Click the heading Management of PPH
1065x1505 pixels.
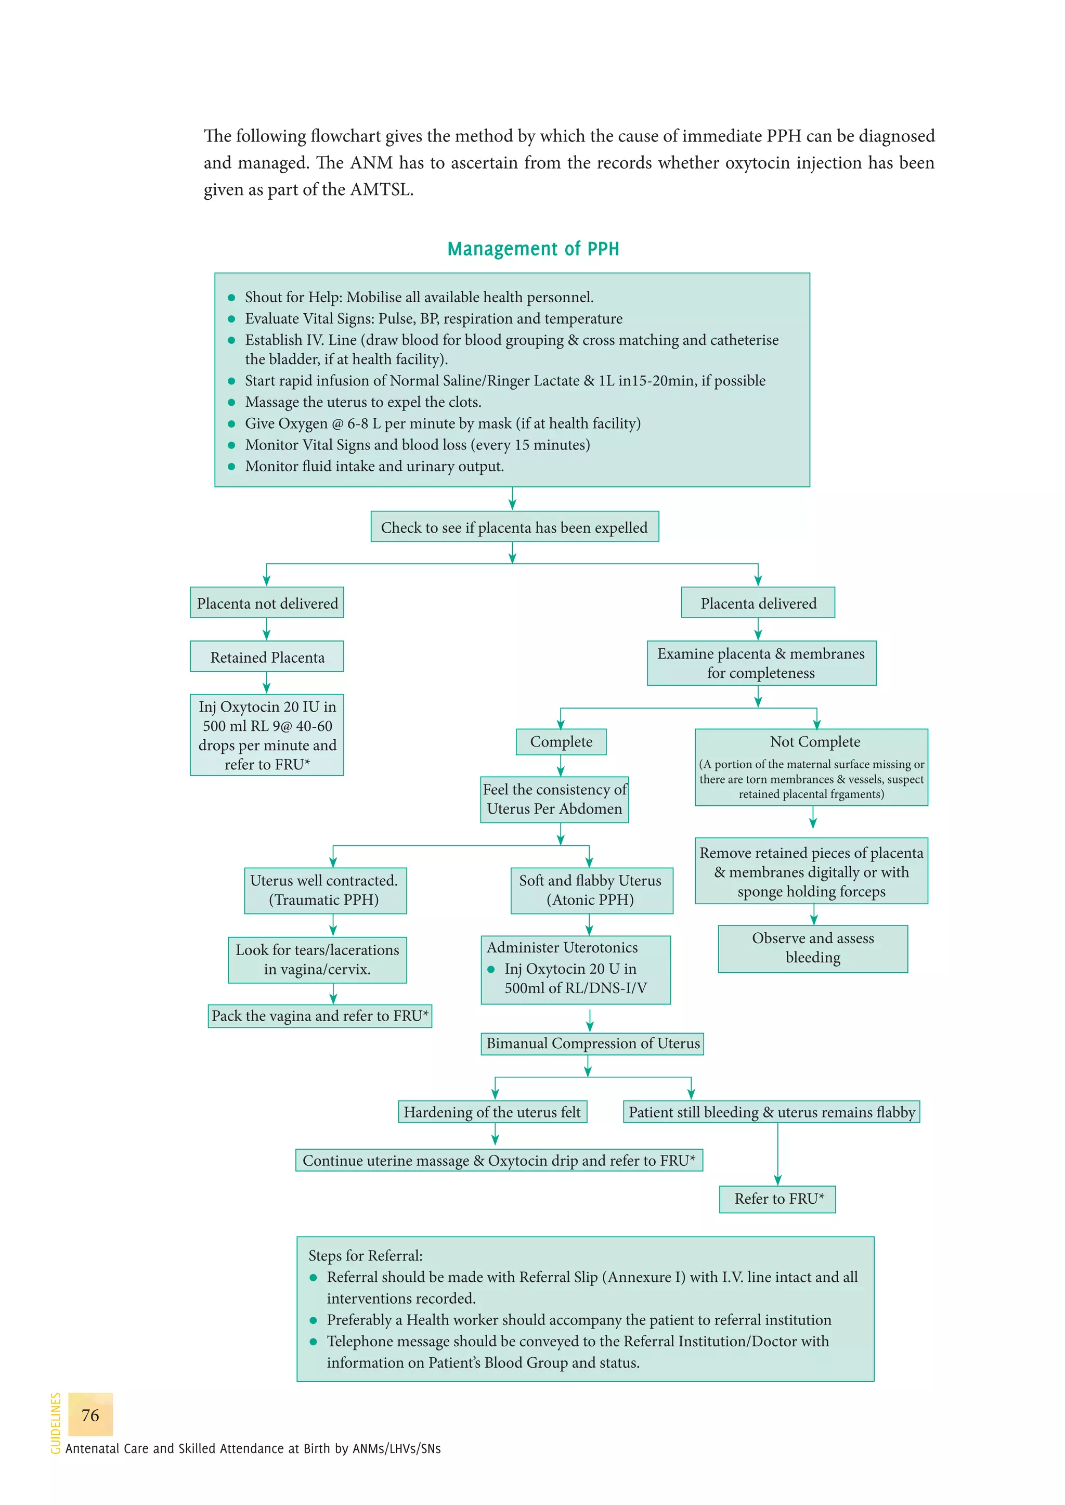(x=532, y=249)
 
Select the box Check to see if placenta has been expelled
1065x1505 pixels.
(x=514, y=527)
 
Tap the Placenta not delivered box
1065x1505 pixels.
(x=267, y=603)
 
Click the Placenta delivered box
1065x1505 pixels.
(x=758, y=603)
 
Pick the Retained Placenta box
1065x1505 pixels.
(x=267, y=657)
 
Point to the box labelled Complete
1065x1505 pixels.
(x=561, y=741)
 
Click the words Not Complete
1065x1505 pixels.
(x=814, y=741)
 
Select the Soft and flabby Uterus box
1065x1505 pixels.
(x=591, y=890)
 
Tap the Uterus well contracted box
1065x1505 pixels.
(x=324, y=890)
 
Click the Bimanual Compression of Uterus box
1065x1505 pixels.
(x=592, y=1043)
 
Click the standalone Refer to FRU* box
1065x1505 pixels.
(x=778, y=1199)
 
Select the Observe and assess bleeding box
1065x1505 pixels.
(x=812, y=948)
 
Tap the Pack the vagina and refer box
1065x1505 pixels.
(x=320, y=1015)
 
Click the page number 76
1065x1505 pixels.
(x=90, y=1415)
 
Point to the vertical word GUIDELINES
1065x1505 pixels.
(x=56, y=1423)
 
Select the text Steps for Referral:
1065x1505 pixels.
(x=365, y=1256)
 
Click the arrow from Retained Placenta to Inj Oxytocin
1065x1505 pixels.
(x=266, y=683)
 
